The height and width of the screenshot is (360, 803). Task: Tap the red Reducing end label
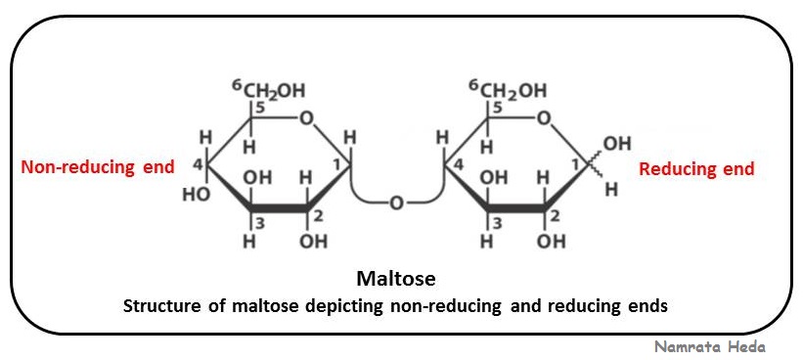point(695,169)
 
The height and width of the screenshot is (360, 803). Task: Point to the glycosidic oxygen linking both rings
point(396,203)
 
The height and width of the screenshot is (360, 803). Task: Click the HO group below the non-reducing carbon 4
point(196,194)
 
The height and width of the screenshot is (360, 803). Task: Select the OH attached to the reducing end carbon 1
point(617,145)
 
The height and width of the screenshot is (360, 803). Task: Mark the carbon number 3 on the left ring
point(260,222)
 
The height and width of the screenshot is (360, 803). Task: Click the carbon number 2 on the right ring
point(553,215)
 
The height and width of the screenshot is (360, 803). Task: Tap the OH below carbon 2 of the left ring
point(313,242)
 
